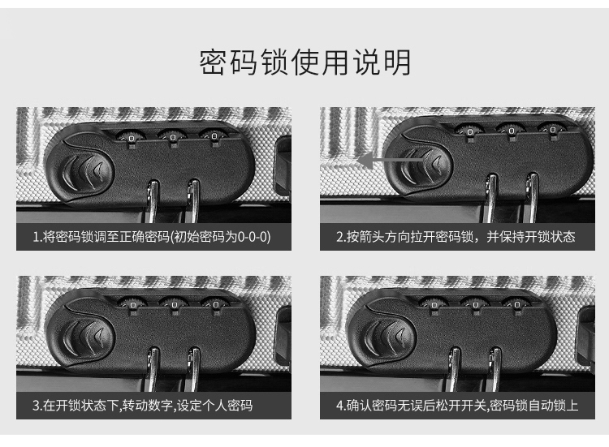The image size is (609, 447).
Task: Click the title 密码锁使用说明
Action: [304, 62]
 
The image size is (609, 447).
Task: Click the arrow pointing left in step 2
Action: [391, 160]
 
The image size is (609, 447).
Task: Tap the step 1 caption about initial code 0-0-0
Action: [152, 236]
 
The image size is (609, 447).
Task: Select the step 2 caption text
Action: [456, 236]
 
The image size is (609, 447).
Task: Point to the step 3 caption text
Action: [143, 406]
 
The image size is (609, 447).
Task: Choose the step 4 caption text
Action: [457, 406]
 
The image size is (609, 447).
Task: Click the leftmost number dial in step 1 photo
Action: [131, 137]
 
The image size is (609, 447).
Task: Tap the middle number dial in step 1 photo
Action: [173, 136]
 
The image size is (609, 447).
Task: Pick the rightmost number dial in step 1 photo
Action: [214, 135]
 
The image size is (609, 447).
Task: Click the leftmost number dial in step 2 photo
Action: [469, 132]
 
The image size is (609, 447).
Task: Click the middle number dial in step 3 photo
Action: [174, 305]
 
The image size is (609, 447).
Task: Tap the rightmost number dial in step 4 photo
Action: [516, 304]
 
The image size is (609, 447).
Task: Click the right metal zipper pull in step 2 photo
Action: [532, 198]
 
